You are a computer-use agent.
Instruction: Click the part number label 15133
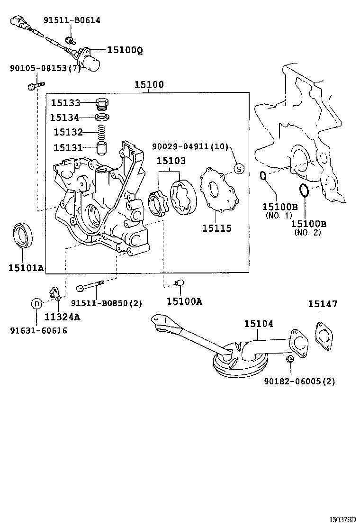(x=66, y=103)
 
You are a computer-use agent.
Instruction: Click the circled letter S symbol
(x=239, y=168)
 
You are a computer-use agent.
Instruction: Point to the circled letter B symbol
(x=36, y=303)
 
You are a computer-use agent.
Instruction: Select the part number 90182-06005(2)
(x=300, y=381)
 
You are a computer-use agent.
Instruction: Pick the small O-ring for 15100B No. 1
(x=263, y=176)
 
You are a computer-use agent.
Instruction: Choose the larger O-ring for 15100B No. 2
(x=304, y=191)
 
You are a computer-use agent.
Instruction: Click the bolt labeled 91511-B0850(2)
(x=90, y=286)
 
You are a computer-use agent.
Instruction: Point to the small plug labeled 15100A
(x=179, y=283)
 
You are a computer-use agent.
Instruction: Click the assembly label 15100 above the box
(x=149, y=85)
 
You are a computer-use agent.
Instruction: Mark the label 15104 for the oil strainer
(x=259, y=324)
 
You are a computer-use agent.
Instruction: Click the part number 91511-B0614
(x=72, y=20)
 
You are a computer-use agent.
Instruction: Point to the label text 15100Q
(x=124, y=49)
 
